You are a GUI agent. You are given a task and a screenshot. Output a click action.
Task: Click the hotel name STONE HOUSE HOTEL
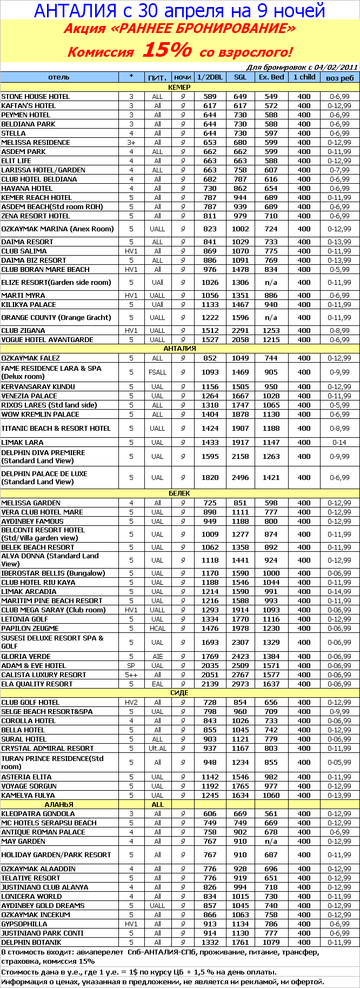click(x=36, y=97)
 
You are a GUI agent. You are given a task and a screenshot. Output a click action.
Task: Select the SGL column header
click(x=241, y=77)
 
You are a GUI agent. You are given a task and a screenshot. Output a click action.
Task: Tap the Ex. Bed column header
click(x=271, y=77)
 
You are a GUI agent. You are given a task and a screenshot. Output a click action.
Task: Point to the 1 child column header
click(x=304, y=77)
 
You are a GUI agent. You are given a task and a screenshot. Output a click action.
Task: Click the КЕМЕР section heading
click(x=179, y=87)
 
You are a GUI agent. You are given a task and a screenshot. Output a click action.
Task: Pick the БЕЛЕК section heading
click(x=179, y=493)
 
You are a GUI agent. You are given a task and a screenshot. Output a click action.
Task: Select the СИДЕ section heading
click(x=179, y=693)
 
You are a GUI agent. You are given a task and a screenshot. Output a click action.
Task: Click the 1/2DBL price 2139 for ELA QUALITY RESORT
click(x=210, y=684)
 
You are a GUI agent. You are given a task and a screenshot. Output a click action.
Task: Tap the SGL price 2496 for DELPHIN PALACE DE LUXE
click(x=241, y=478)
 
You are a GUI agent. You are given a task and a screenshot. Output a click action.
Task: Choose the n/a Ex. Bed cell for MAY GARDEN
click(x=271, y=842)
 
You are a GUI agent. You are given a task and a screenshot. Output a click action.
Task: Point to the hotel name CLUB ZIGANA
click(x=23, y=331)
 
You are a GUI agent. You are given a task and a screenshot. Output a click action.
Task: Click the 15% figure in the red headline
click(x=166, y=50)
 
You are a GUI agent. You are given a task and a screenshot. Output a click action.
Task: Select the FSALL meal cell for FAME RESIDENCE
click(x=157, y=372)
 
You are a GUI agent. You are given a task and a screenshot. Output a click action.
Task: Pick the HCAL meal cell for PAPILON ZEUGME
click(x=157, y=629)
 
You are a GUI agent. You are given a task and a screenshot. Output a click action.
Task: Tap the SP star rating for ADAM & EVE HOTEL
click(x=131, y=666)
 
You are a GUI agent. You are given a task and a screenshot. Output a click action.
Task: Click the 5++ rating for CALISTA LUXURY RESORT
click(x=131, y=675)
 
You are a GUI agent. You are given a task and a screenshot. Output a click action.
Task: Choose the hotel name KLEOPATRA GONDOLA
click(x=38, y=814)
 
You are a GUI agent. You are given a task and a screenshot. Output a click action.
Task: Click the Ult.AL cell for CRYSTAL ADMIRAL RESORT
click(x=157, y=749)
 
